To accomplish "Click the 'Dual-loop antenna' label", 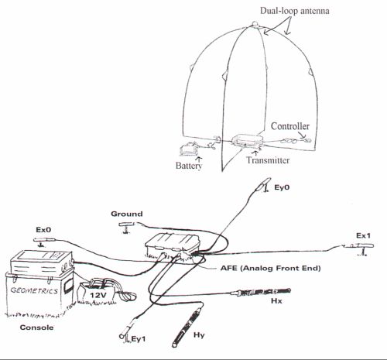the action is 294,11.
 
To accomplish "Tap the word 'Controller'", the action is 290,126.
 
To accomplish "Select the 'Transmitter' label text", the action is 268,160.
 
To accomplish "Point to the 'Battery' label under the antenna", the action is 189,166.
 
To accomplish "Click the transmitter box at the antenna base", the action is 247,140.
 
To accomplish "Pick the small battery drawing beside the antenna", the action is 188,149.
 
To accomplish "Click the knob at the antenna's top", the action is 255,24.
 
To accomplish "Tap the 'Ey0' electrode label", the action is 282,187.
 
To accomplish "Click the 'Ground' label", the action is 127,214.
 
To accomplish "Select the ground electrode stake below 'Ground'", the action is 125,226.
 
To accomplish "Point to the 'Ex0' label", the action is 43,229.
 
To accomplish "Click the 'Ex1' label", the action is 363,235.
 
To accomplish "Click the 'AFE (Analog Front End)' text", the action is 271,268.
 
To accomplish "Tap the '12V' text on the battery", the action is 98,295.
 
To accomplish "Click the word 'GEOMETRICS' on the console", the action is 34,290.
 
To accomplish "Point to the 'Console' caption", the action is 36,327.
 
